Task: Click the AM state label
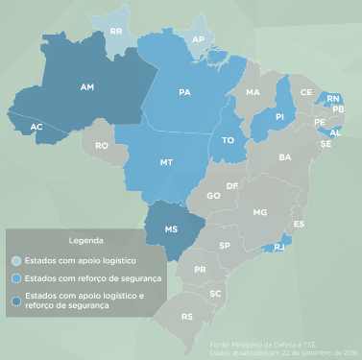(87, 87)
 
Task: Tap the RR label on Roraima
(117, 31)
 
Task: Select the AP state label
(200, 39)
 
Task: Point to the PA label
(184, 93)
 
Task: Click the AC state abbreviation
(36, 127)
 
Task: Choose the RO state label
(103, 146)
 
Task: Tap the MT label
(166, 162)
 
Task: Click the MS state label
(172, 230)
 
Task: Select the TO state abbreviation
(229, 139)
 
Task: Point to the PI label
(279, 116)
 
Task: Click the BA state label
(284, 156)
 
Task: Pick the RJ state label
(278, 248)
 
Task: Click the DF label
(231, 184)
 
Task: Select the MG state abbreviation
(259, 211)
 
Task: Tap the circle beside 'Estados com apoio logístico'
(16, 260)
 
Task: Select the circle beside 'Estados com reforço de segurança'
(16, 278)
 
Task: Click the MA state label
(253, 93)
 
